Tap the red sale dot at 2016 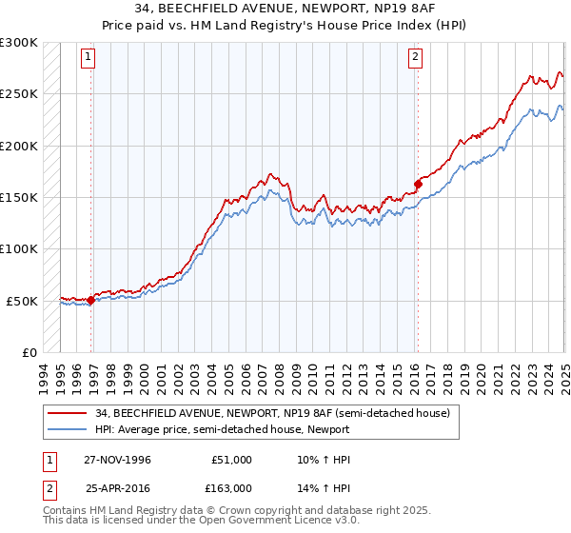point(418,184)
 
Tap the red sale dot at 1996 point(91,300)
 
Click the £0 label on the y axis point(30,352)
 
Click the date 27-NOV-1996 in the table point(117,460)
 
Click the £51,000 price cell point(231,460)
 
